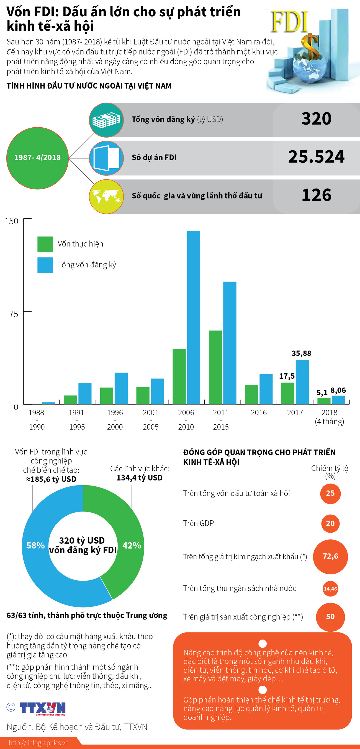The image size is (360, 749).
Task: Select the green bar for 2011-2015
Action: click(215, 367)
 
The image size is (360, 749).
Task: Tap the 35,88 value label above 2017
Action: click(301, 353)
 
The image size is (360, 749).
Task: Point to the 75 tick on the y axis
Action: click(14, 314)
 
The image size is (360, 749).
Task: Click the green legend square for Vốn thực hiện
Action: click(45, 244)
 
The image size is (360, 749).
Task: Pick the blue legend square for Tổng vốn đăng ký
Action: click(45, 265)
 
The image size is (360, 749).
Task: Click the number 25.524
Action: click(316, 157)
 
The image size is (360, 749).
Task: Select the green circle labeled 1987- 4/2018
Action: click(37, 158)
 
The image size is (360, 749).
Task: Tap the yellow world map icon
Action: click(106, 196)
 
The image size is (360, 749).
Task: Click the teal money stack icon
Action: click(106, 120)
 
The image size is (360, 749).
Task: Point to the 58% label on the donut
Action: click(35, 545)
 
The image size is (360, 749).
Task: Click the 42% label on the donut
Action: click(132, 545)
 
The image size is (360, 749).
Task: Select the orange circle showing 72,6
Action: click(330, 556)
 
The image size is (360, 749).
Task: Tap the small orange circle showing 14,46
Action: click(330, 589)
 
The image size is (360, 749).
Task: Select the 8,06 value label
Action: click(338, 390)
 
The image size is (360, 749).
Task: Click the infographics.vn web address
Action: click(38, 743)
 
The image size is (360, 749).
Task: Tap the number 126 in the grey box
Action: click(316, 195)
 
